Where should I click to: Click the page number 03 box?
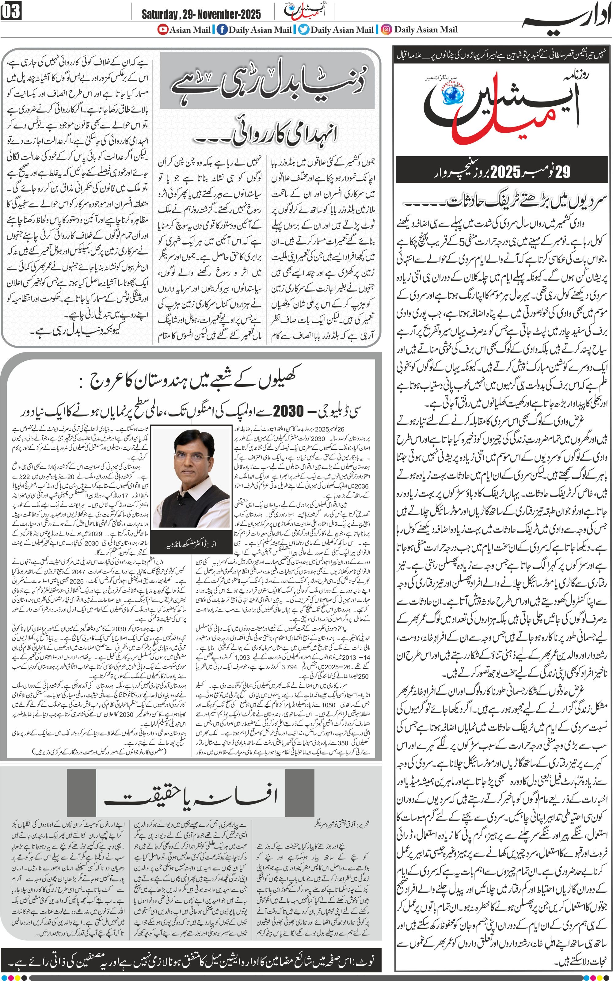[11, 11]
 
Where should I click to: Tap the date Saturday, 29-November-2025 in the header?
[201, 15]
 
